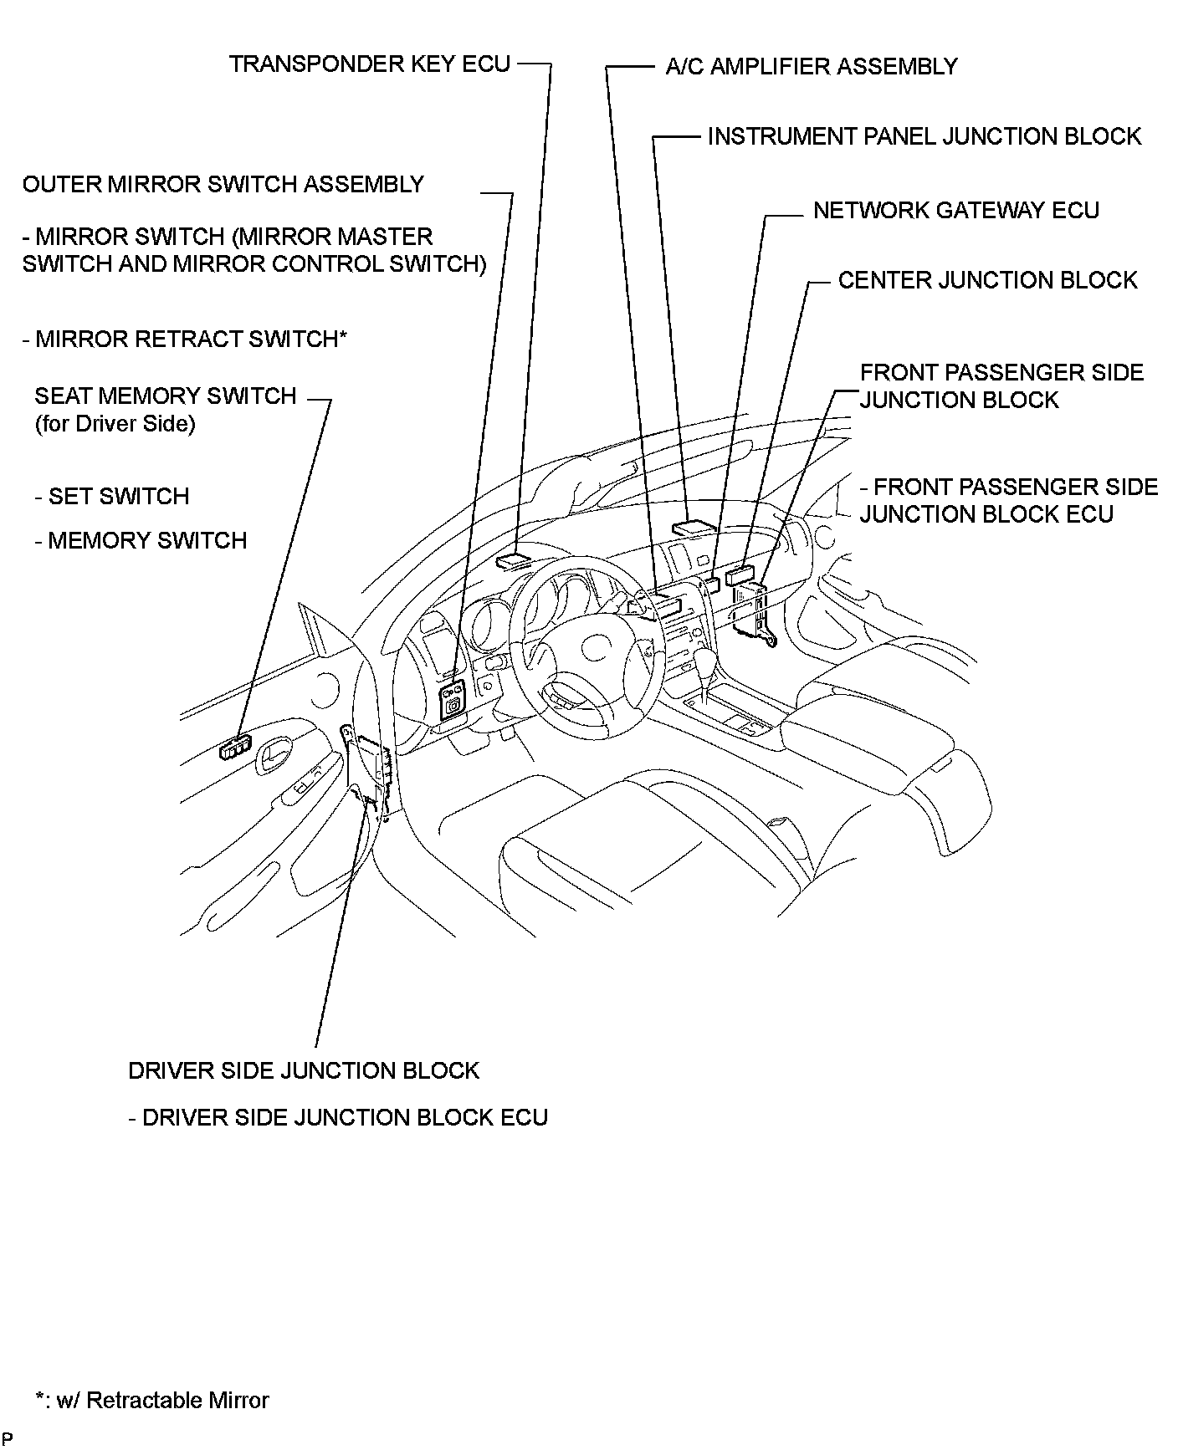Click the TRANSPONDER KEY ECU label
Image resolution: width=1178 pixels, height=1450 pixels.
369,64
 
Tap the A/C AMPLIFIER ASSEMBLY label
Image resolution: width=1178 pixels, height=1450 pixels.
811,66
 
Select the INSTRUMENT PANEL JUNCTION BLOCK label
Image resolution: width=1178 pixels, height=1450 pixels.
924,136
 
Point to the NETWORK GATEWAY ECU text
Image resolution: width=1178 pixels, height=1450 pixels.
955,210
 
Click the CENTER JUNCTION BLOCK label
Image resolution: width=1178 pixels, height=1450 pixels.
987,280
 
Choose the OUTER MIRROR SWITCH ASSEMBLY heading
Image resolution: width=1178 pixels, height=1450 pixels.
223,184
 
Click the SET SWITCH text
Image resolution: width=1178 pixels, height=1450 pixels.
112,496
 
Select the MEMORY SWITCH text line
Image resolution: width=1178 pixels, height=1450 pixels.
141,540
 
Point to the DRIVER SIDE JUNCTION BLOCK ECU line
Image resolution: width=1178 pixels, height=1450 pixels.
338,1117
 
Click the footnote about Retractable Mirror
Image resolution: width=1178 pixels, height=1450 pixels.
152,1400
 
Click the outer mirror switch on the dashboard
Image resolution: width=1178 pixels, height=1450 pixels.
453,698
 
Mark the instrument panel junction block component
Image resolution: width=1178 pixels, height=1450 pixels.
694,528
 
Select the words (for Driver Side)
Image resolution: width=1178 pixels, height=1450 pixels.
115,424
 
